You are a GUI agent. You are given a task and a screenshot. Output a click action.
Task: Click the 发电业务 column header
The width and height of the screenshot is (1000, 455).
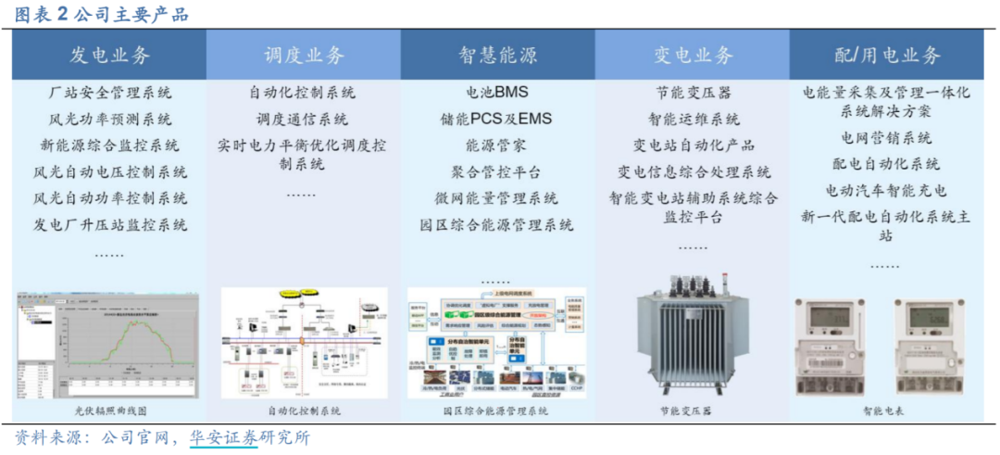[x=109, y=55]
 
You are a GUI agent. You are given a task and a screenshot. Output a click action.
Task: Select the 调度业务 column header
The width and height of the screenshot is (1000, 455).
[x=303, y=55]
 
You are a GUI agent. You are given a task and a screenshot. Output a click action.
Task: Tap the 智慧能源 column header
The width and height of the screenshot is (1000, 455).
[x=497, y=55]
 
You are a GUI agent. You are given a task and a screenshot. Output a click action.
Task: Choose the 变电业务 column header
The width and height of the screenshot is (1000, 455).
[x=693, y=55]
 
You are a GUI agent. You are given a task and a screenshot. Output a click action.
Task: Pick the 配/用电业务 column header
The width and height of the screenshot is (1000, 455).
[x=887, y=55]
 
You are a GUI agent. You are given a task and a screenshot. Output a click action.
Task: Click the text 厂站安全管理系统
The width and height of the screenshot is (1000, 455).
[x=109, y=93]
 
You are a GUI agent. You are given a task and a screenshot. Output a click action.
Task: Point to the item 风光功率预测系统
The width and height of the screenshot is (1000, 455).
[x=109, y=120]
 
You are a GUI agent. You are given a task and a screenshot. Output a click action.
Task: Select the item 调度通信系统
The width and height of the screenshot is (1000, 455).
[x=303, y=120]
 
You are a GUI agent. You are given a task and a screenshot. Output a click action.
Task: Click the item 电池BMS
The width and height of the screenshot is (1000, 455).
[x=497, y=93]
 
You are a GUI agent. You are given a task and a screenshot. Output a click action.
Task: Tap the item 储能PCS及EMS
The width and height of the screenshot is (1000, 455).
[x=497, y=120]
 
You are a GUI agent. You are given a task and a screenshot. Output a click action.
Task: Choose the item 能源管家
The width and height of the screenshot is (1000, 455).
[x=497, y=145]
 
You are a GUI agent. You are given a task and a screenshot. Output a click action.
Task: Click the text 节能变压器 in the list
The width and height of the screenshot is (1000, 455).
[x=693, y=93]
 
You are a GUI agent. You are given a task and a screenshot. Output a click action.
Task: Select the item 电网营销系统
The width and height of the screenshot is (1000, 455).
[x=887, y=138]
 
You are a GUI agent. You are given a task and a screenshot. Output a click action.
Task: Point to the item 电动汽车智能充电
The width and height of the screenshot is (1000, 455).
[x=887, y=191]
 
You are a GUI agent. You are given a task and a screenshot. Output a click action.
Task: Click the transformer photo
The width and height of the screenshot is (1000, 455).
[x=692, y=342]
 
